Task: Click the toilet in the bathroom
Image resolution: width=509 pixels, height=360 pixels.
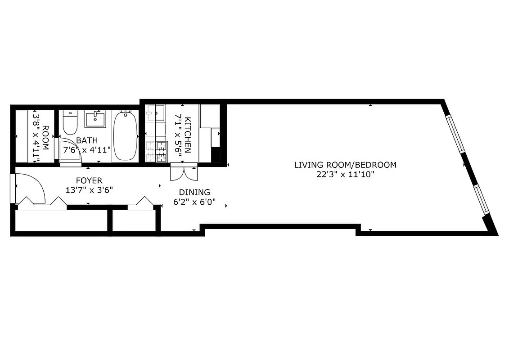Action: (70, 123)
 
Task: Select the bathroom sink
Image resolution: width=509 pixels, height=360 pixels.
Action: (95, 120)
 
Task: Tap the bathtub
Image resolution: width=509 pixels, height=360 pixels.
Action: (124, 135)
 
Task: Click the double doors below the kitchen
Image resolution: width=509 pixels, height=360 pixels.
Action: (184, 172)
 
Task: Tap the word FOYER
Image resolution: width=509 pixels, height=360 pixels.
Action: (89, 180)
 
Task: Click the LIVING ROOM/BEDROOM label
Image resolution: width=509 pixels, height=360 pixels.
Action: (345, 165)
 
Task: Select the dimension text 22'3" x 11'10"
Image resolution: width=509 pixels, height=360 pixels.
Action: (345, 175)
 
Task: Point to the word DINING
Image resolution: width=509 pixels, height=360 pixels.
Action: (194, 192)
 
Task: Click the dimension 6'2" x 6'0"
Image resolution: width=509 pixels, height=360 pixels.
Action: (194, 202)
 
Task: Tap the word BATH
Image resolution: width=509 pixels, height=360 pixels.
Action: (86, 140)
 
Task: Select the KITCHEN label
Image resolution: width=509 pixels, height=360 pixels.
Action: (188, 135)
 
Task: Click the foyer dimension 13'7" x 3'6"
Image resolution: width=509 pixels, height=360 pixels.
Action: (89, 190)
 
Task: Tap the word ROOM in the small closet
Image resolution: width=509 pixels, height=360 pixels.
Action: (45, 135)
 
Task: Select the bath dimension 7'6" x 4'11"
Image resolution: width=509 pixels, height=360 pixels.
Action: (87, 150)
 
